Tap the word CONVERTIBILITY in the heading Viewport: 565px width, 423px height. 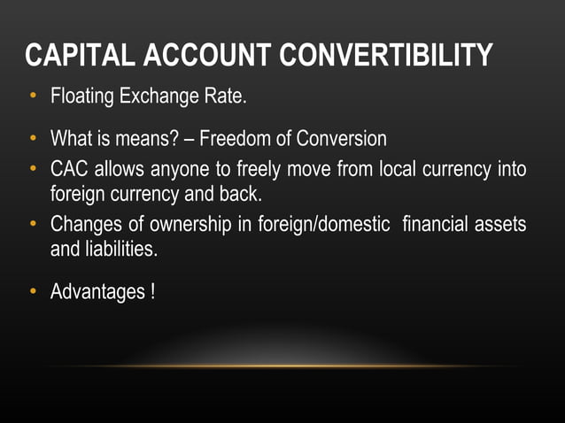tap(386, 56)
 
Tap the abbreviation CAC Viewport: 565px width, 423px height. tap(70, 167)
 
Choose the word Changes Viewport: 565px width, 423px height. tap(86, 225)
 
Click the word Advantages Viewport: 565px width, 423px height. tap(96, 291)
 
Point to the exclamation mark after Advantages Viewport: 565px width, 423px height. tap(152, 291)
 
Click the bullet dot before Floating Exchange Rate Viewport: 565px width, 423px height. tap(33, 95)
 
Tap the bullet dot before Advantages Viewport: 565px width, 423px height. tap(33, 291)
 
